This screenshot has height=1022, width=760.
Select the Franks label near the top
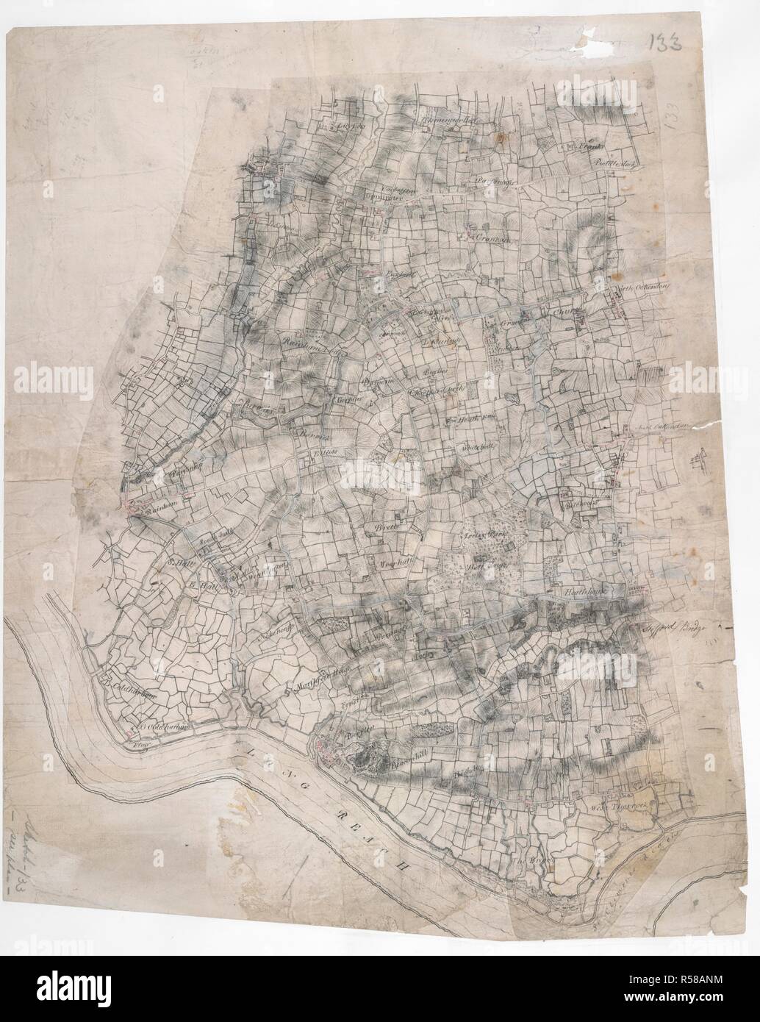tap(589, 146)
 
